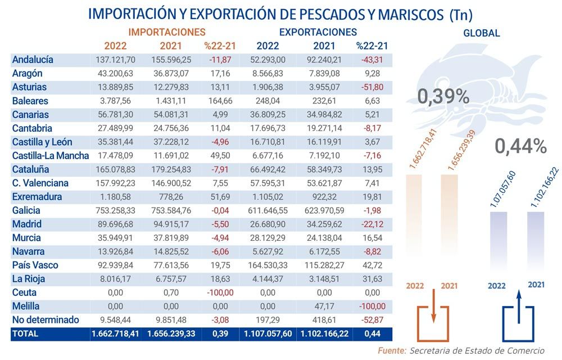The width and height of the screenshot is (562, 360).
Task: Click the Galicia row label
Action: tap(26, 210)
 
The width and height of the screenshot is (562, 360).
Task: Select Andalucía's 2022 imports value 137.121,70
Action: tap(116, 60)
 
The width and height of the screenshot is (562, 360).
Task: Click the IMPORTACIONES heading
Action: tap(167, 32)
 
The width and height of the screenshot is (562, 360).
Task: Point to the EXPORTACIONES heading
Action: tap(318, 32)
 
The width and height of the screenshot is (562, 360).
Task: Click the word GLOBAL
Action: tap(481, 33)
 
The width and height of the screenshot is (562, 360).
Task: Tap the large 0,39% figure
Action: tap(443, 97)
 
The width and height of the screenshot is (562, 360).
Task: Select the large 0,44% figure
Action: tap(520, 147)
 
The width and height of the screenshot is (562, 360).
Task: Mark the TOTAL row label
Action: tap(25, 334)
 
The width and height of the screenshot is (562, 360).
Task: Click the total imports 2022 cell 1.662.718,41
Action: tap(115, 334)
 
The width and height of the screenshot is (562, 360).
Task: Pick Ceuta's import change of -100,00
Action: tap(219, 292)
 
